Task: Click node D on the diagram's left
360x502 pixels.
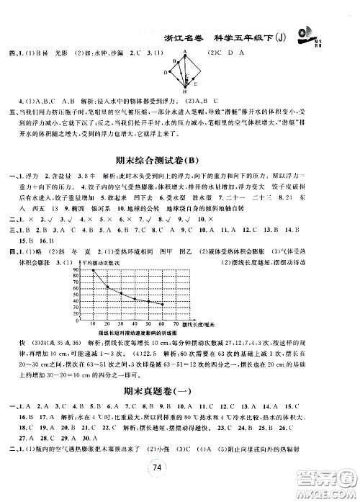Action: (166, 73)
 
